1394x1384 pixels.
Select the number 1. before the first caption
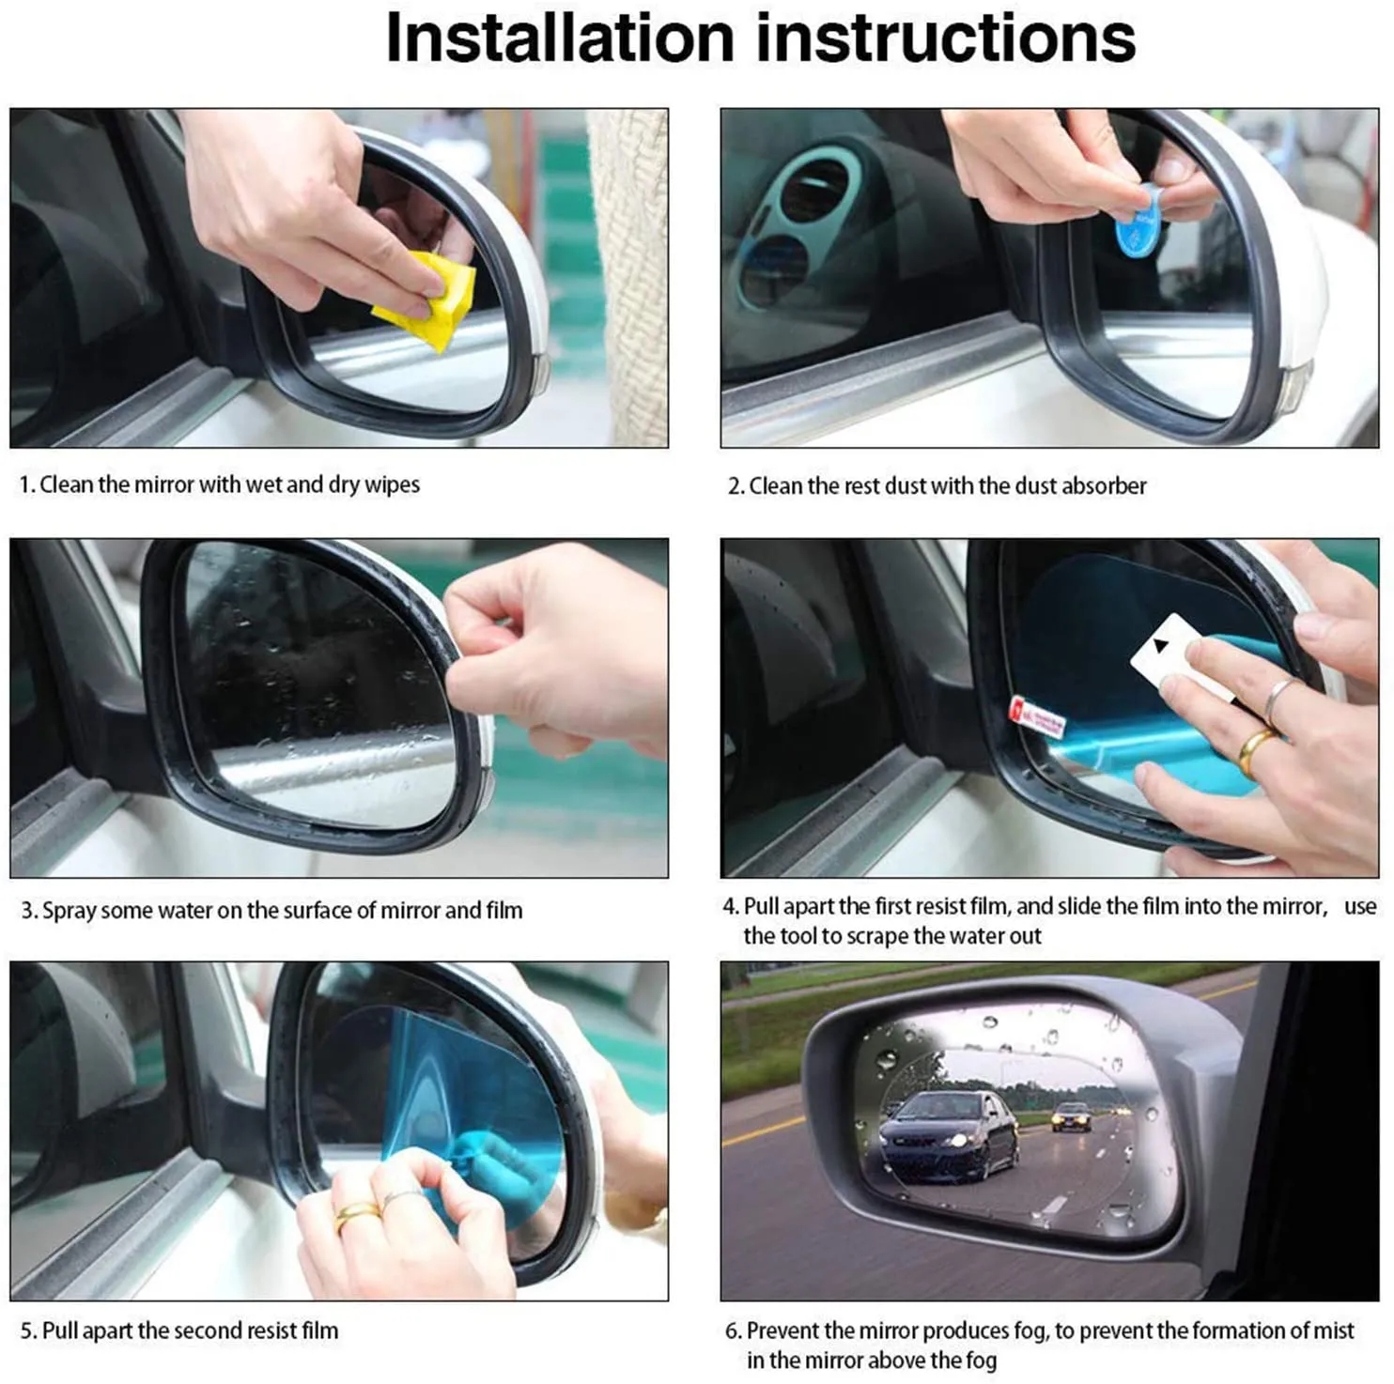pyautogui.click(x=27, y=485)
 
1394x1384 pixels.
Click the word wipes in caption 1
pyautogui.click(x=392, y=485)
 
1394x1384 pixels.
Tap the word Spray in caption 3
pyautogui.click(x=69, y=911)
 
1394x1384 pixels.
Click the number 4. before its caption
pyautogui.click(x=731, y=907)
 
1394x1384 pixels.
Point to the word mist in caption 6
pyautogui.click(x=1334, y=1331)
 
